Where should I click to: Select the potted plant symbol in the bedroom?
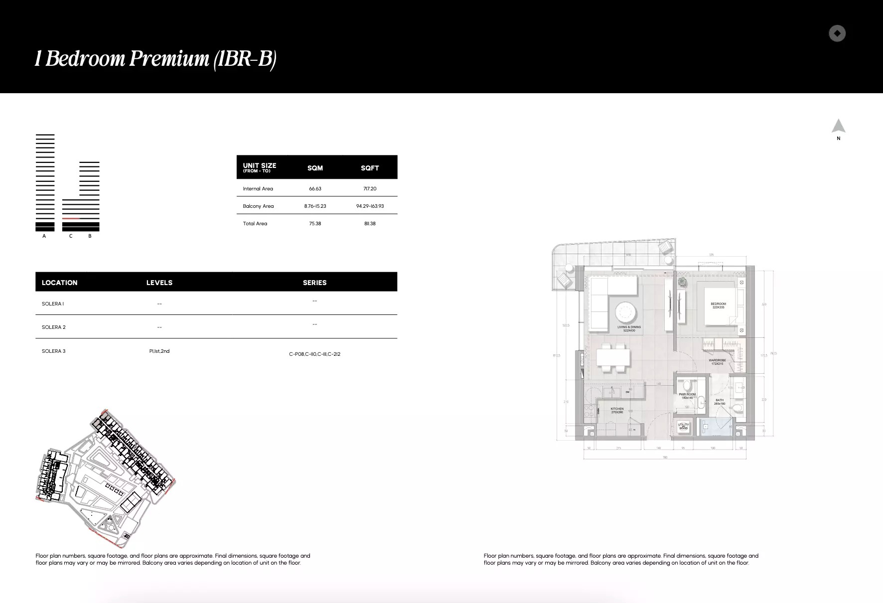[682, 282]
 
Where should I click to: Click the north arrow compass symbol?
[838, 126]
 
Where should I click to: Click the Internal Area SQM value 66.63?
[315, 189]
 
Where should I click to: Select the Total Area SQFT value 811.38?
[370, 224]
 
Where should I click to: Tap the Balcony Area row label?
[258, 206]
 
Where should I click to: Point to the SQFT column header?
[370, 168]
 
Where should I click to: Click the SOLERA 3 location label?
[53, 351]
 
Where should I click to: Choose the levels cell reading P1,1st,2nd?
[159, 351]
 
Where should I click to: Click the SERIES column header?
[314, 283]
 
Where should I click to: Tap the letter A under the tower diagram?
[44, 236]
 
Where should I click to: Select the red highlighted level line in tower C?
[71, 219]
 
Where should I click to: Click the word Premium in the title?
[169, 59]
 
